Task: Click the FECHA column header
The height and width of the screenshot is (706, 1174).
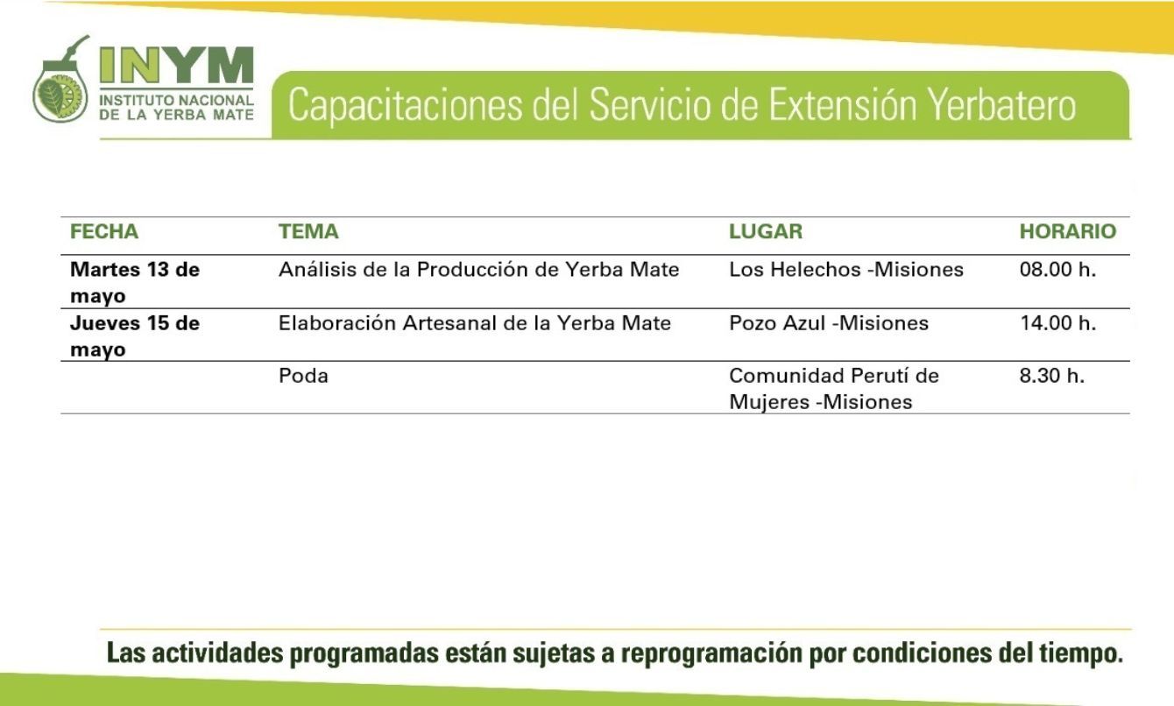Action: (104, 231)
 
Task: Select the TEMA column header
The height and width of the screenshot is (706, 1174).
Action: (308, 231)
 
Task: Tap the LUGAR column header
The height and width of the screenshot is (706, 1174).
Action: (766, 231)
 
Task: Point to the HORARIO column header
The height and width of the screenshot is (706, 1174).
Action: (1068, 231)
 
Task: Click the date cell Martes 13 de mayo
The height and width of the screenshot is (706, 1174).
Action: (135, 283)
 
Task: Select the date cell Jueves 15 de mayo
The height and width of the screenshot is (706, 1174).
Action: (135, 336)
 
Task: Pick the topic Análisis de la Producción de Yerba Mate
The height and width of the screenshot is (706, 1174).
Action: (479, 270)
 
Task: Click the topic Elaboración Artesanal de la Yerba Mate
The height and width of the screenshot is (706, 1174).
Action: (475, 323)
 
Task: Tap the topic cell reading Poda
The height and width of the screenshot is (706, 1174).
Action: (303, 376)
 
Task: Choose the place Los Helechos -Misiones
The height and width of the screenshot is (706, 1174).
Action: (846, 270)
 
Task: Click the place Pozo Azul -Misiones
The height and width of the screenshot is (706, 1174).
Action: (829, 323)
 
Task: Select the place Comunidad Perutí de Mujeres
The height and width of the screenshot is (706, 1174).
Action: (834, 389)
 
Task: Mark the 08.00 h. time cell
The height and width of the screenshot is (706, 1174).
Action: (1057, 270)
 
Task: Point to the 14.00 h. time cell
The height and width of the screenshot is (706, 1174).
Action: (1057, 323)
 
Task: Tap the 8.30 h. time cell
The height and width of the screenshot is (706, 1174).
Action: (1052, 376)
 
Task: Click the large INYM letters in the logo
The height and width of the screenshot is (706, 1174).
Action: (177, 65)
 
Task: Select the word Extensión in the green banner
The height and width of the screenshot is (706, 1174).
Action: (843, 105)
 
